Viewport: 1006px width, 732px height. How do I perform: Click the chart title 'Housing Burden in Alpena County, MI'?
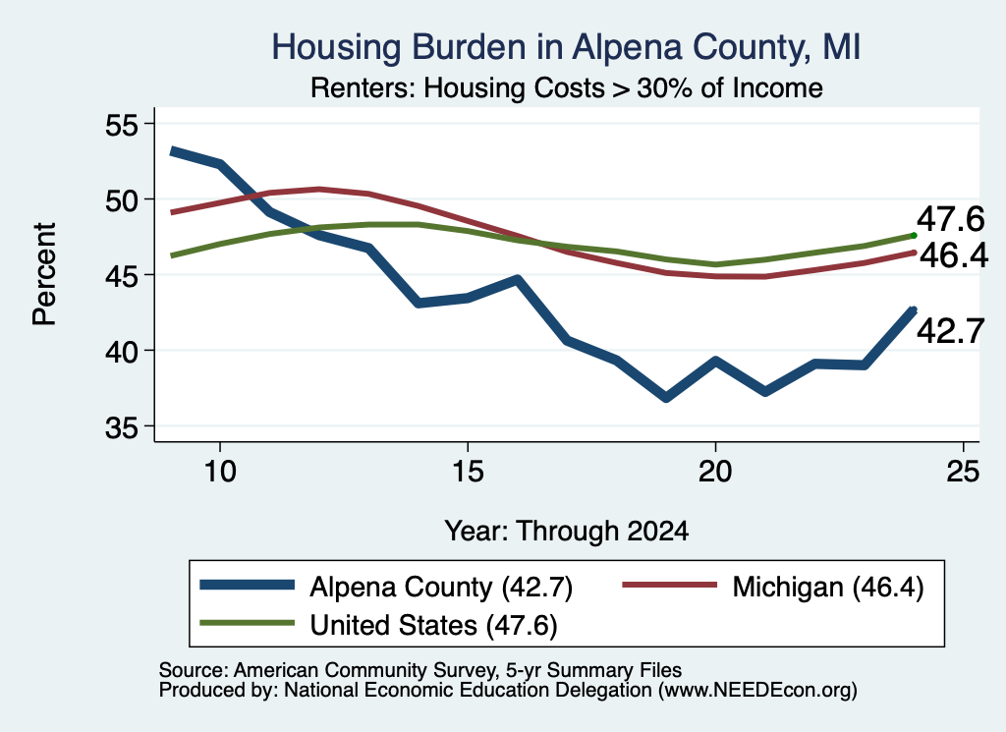[x=566, y=47]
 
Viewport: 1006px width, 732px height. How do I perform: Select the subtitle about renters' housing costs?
[x=567, y=87]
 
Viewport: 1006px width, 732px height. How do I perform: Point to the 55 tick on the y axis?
[x=121, y=124]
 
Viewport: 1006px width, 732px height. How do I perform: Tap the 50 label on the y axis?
[x=121, y=199]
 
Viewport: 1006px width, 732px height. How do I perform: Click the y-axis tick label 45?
[x=121, y=275]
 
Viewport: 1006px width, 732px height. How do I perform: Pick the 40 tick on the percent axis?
[x=121, y=351]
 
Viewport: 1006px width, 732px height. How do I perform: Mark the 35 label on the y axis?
[x=121, y=426]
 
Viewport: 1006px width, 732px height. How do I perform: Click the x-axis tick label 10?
[x=220, y=472]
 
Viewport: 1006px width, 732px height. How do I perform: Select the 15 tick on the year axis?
[x=468, y=472]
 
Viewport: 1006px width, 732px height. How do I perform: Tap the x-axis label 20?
[x=715, y=472]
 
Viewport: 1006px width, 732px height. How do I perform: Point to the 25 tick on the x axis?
[x=963, y=472]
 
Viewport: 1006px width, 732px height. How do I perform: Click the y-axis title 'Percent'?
[x=44, y=274]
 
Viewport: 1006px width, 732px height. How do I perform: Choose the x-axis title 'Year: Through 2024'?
[x=567, y=532]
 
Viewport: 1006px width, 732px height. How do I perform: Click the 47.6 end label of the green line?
[x=950, y=219]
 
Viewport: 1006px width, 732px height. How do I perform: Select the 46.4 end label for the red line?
[x=953, y=256]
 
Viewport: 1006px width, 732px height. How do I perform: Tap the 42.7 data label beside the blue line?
[x=950, y=332]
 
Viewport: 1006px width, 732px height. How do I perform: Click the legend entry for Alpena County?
[x=386, y=587]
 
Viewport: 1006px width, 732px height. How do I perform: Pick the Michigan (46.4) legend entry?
[x=773, y=587]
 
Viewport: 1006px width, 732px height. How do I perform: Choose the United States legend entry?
[x=378, y=625]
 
